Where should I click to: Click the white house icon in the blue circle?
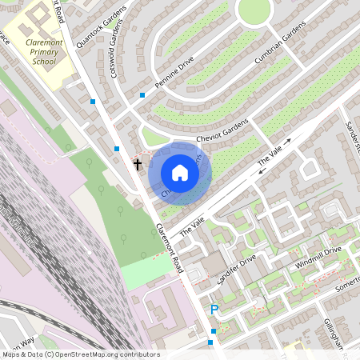pyautogui.click(x=180, y=172)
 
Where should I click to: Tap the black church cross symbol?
pyautogui.click(x=137, y=165)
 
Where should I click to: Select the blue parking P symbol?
pyautogui.click(x=214, y=310)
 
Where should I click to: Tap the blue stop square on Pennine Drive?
pyautogui.click(x=142, y=95)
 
